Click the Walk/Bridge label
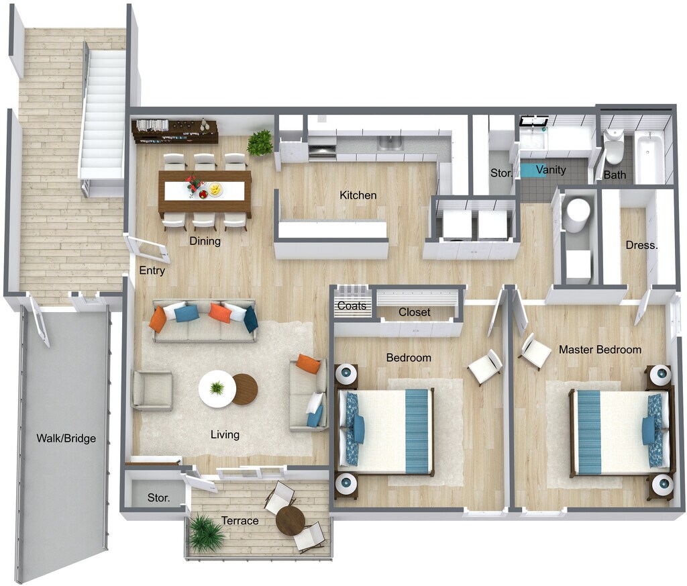tap(66, 439)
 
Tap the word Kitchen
tap(358, 195)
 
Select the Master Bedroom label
tap(600, 350)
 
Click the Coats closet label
tap(352, 306)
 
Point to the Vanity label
tap(550, 170)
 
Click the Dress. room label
tap(641, 245)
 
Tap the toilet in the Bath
tap(613, 147)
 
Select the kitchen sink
tap(390, 142)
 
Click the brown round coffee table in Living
tap(245, 389)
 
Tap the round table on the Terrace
tap(290, 520)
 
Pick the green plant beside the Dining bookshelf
tap(260, 143)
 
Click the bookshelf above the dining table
tap(175, 131)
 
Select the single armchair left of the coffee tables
tap(152, 390)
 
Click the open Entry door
tap(149, 248)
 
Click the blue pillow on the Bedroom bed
tap(358, 430)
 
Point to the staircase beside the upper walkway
tap(103, 114)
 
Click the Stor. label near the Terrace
tap(158, 499)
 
